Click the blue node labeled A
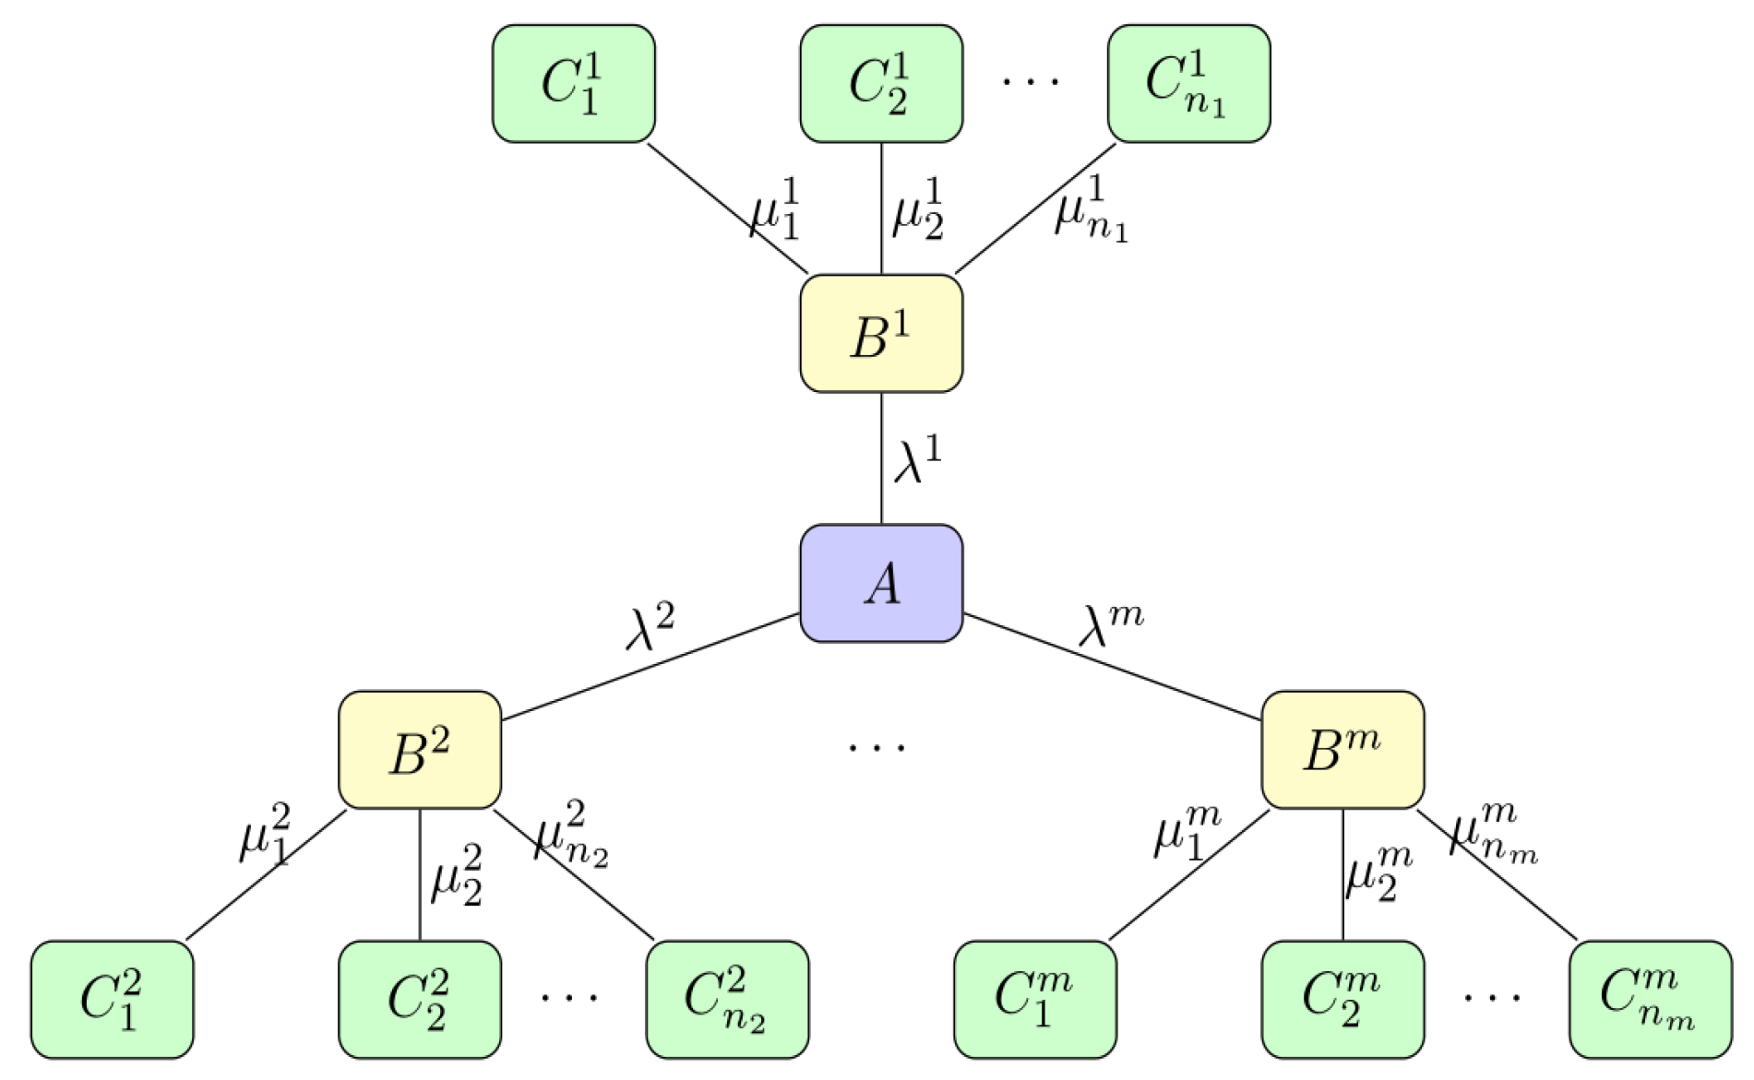(881, 583)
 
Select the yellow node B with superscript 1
(881, 333)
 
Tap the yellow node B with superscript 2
(420, 750)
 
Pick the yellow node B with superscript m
(1342, 750)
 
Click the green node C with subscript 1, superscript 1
(573, 84)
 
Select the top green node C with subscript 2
(881, 84)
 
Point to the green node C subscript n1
(1188, 84)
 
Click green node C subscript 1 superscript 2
(112, 999)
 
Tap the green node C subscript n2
(727, 999)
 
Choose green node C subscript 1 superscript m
(1034, 999)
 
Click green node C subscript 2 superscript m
(1342, 999)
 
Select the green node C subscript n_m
(1650, 999)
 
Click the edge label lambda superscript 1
(917, 459)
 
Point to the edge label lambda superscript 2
(650, 627)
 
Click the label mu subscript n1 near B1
(1092, 210)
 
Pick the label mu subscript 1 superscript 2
(266, 834)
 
